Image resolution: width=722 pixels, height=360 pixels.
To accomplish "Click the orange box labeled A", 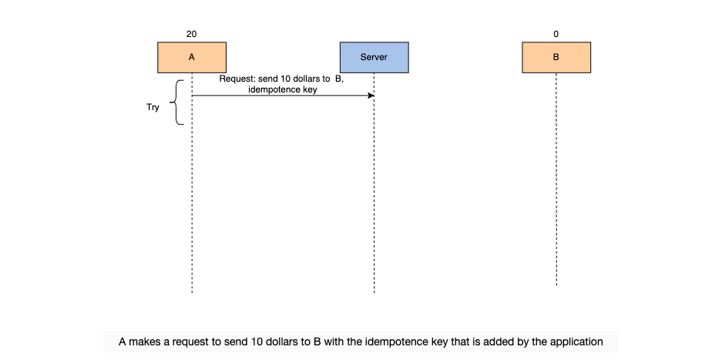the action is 192,58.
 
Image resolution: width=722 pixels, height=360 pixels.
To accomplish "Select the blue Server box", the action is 374,58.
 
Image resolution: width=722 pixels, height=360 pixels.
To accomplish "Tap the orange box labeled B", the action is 556,58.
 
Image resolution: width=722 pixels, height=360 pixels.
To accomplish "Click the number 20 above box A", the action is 192,34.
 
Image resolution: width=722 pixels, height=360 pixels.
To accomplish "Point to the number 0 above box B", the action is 556,34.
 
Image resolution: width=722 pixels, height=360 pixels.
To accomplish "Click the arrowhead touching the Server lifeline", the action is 371,96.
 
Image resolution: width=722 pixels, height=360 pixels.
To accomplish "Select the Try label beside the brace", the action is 153,107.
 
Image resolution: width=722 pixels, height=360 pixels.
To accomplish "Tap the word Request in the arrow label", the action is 237,79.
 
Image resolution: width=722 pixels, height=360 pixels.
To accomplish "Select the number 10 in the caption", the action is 257,342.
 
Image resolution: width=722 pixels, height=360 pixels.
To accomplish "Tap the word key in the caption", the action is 431,342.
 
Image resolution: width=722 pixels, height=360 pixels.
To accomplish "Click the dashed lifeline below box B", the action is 556,180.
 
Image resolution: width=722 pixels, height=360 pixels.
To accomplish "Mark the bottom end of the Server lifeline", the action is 374,293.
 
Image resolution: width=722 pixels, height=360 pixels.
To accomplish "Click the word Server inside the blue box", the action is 374,58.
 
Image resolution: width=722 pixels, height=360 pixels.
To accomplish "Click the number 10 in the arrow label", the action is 285,79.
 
